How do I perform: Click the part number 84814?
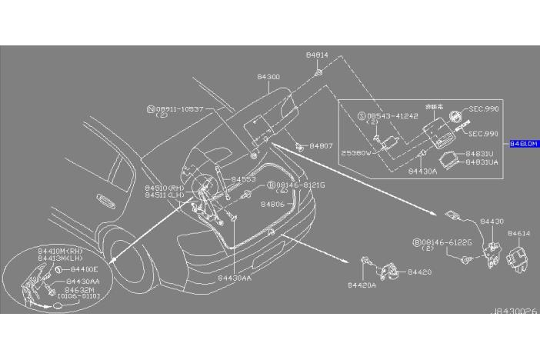click(x=316, y=55)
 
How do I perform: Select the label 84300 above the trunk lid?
click(x=268, y=78)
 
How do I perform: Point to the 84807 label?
click(x=322, y=145)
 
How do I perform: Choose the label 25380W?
click(x=356, y=153)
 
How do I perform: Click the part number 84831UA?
click(x=483, y=162)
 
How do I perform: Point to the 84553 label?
click(x=243, y=179)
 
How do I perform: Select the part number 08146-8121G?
click(x=301, y=185)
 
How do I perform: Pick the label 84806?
click(x=272, y=205)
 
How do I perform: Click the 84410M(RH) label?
click(x=59, y=252)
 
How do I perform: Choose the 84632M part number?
click(x=80, y=288)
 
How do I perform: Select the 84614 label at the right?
click(x=518, y=232)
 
